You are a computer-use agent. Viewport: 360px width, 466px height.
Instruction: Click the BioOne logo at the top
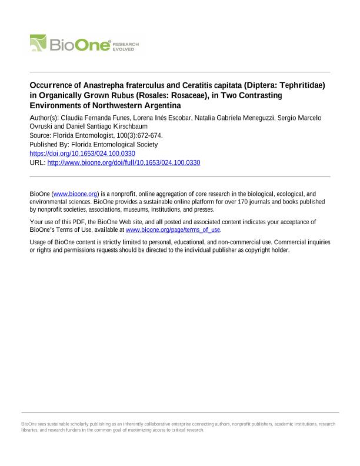[86, 44]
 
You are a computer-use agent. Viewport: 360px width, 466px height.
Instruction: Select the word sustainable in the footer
[52, 424]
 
